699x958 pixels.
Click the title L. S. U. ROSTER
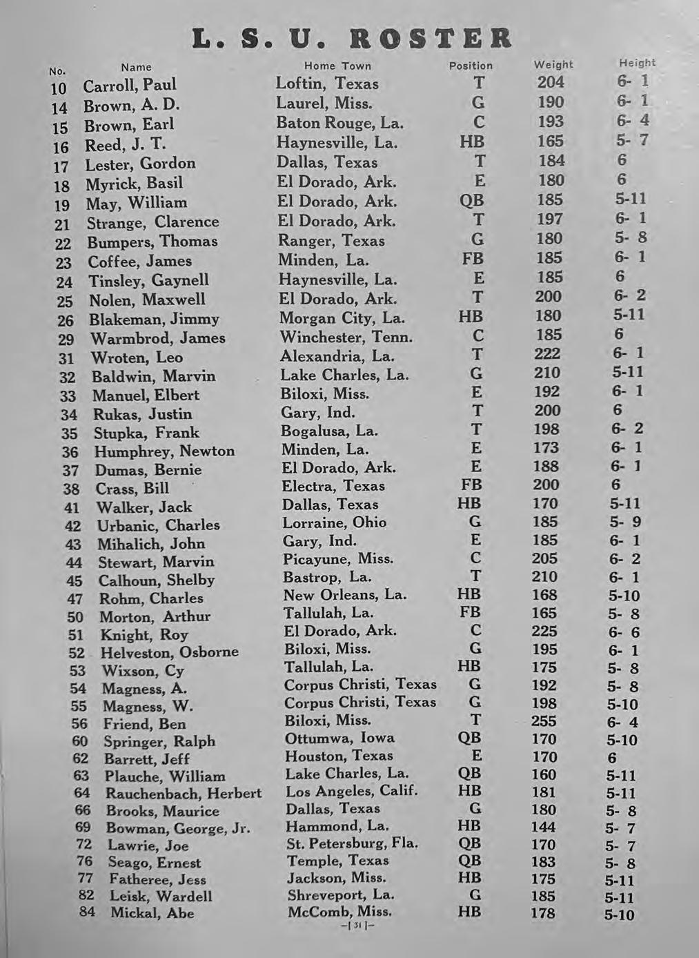[353, 38]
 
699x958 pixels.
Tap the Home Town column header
[337, 66]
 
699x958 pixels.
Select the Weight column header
[553, 64]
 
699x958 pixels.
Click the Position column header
[471, 66]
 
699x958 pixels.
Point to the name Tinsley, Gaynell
[148, 280]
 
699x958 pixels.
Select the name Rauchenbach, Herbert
[183, 794]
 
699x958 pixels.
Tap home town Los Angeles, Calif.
[352, 791]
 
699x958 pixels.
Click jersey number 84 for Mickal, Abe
[87, 912]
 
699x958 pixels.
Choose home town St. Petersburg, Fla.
[353, 843]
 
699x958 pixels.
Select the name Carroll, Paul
[130, 85]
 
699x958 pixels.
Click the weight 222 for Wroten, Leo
[547, 353]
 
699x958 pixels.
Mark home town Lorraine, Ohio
[335, 522]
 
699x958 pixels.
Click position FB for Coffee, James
[473, 259]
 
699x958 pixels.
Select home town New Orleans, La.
[345, 594]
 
